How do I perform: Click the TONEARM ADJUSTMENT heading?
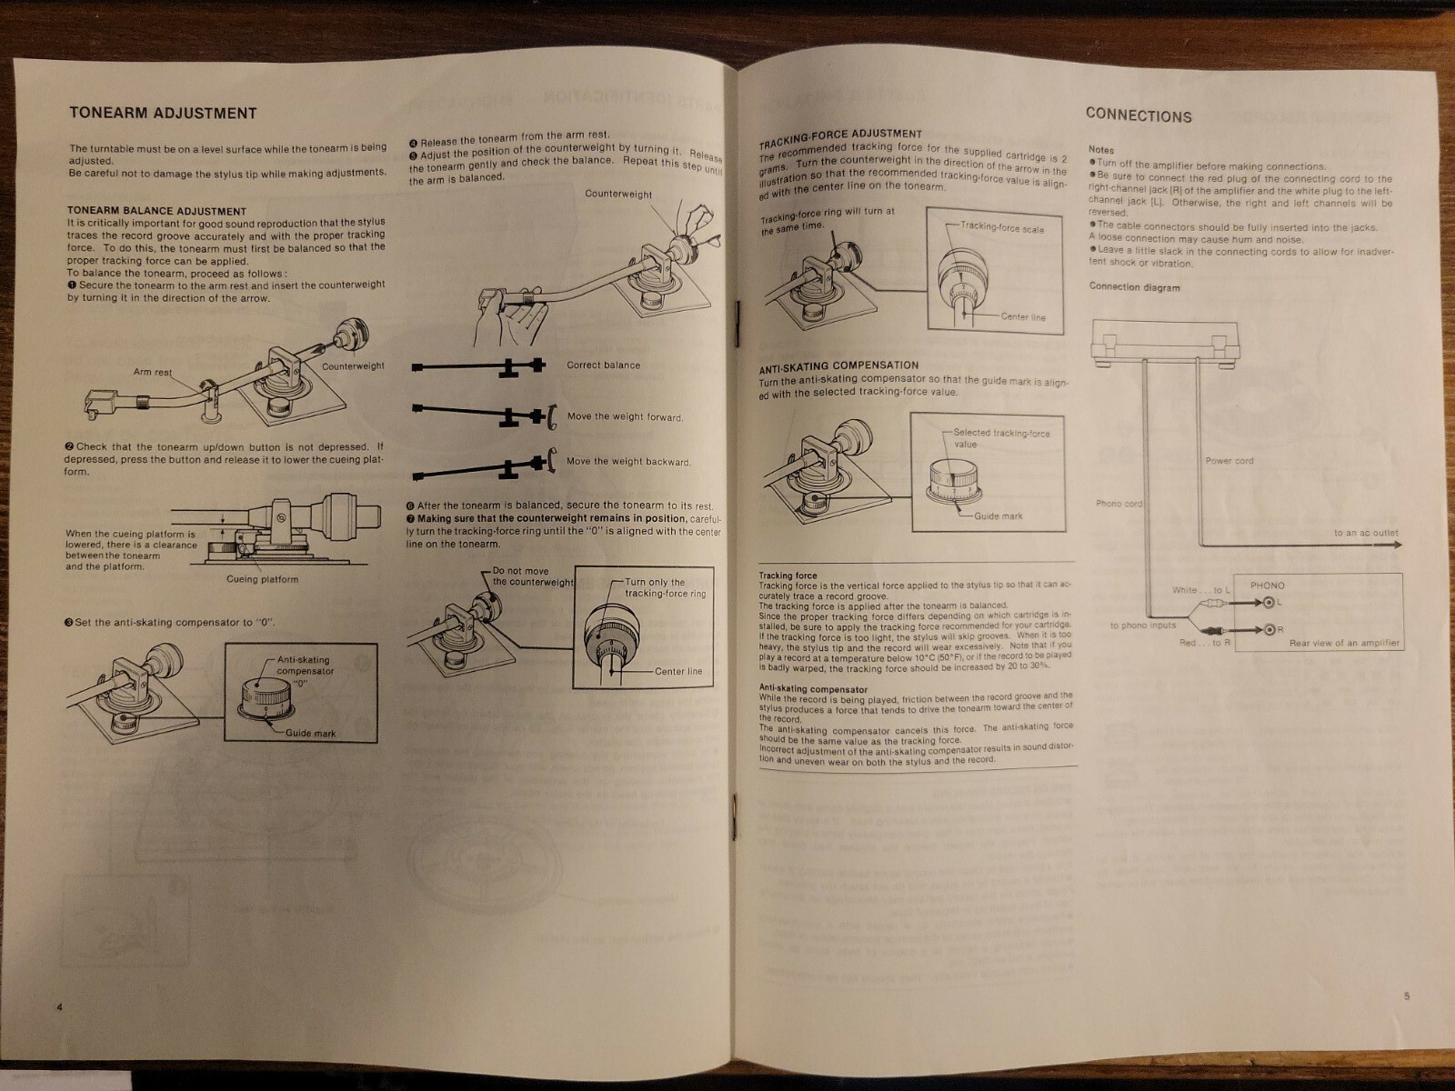[163, 114]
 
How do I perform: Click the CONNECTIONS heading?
[1138, 115]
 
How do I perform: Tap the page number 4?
[59, 1006]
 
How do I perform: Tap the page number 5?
[1406, 996]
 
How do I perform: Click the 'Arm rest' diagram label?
[153, 372]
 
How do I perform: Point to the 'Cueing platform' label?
[262, 579]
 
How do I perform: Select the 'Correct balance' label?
[603, 365]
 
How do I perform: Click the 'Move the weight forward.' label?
[625, 417]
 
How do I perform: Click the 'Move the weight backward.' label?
[628, 462]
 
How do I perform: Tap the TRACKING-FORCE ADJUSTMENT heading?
[840, 135]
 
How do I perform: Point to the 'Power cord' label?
[1229, 461]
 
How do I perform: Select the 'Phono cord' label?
[1119, 504]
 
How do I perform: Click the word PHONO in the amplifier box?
[1268, 586]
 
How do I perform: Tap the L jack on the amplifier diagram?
[1269, 602]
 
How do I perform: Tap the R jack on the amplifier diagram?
[1269, 629]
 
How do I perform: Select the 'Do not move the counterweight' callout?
[533, 576]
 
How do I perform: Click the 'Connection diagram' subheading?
[1134, 287]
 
